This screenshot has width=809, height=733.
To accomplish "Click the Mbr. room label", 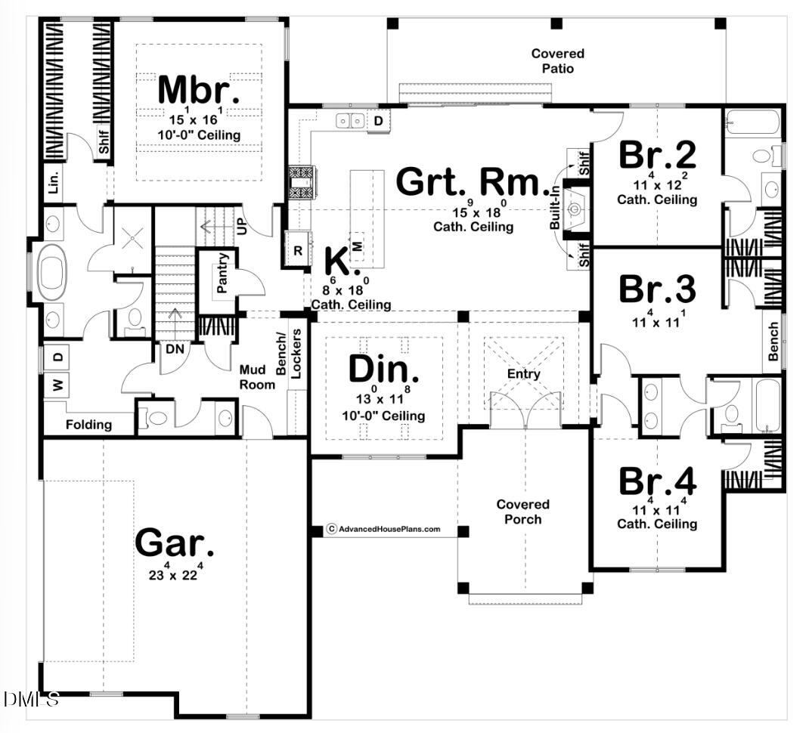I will [199, 90].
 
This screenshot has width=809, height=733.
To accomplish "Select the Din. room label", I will [383, 370].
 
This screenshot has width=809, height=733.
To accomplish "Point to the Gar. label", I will [175, 543].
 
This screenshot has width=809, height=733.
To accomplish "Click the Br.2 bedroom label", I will [657, 155].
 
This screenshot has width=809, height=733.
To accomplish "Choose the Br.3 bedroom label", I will [657, 289].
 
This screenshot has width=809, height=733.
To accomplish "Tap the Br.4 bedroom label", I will [657, 481].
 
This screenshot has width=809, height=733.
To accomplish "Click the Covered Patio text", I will [557, 61].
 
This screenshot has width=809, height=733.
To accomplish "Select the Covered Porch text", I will [522, 512].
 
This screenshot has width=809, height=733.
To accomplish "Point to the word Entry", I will [524, 374].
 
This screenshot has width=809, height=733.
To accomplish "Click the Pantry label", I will [222, 273].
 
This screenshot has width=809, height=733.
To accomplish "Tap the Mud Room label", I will [256, 376].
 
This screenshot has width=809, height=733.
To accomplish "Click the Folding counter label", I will [88, 425].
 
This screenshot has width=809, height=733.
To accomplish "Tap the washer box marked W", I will [58, 385].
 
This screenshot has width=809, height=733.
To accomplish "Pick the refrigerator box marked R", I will [297, 250].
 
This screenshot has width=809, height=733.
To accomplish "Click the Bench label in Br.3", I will [773, 342].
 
